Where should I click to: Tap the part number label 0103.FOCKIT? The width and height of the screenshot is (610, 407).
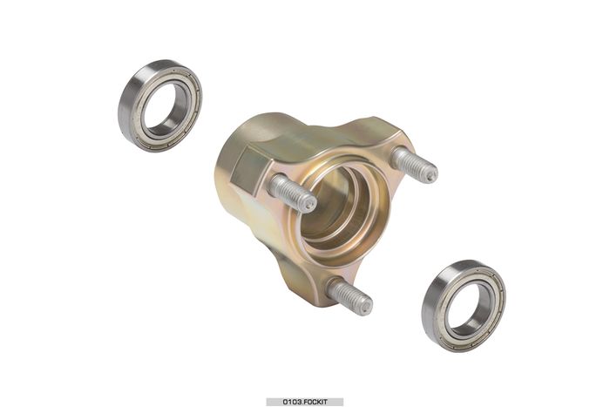(x=305, y=402)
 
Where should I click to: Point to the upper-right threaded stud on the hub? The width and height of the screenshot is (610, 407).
(x=414, y=165)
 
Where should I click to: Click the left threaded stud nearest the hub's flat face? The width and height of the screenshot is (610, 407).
(x=292, y=193)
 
